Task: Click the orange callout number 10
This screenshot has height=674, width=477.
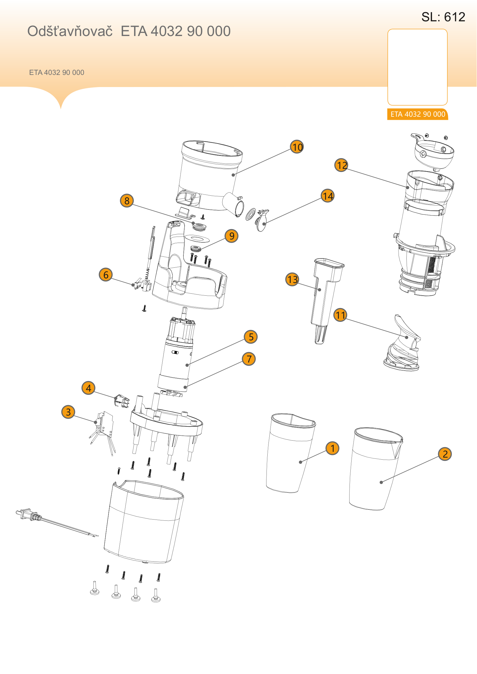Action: [x=297, y=147]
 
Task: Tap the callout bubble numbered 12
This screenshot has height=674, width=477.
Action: [x=341, y=165]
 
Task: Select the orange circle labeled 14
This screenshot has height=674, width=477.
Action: [x=328, y=196]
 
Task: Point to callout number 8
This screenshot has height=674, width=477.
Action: [x=127, y=201]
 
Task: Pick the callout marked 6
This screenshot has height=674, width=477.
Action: [x=106, y=275]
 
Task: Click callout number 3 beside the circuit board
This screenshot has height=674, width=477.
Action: [x=68, y=412]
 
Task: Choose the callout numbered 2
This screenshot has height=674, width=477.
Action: [x=445, y=454]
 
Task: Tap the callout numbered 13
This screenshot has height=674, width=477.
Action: [x=292, y=279]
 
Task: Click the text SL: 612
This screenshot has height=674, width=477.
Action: [x=443, y=17]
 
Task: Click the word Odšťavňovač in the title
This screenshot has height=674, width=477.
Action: [x=70, y=31]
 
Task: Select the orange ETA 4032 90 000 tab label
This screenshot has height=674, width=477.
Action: [x=418, y=114]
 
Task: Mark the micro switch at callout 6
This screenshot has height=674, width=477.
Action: [x=142, y=284]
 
